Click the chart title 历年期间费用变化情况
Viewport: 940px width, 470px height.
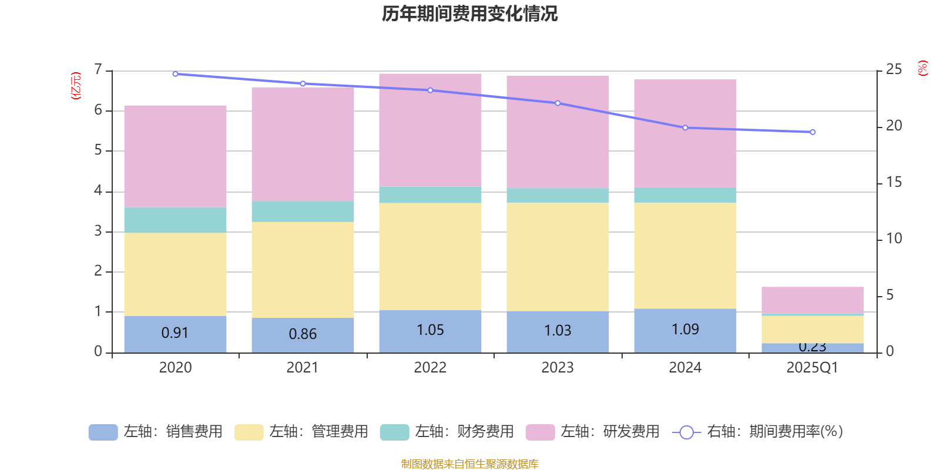pos(469,14)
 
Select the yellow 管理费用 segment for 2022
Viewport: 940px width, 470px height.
pos(430,257)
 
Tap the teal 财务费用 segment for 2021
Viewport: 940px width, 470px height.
pos(303,211)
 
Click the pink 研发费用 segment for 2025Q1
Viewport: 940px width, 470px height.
pos(813,300)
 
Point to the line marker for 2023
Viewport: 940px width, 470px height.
pos(558,103)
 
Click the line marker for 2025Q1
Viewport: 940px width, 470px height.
pos(813,132)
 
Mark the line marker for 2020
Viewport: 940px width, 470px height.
pos(175,74)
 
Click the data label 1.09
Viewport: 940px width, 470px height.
pos(685,330)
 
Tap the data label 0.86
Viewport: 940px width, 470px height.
pos(303,334)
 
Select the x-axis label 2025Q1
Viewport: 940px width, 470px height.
pos(813,368)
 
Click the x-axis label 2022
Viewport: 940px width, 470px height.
pos(430,368)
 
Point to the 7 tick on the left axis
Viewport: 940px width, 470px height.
pos(98,70)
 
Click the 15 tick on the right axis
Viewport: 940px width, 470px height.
pos(894,182)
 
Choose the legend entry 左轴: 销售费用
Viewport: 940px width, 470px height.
pos(156,432)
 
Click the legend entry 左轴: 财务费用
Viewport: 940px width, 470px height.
pos(447,432)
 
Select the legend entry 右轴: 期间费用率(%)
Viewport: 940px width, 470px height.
pos(758,432)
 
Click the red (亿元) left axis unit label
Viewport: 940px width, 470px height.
pos(75,86)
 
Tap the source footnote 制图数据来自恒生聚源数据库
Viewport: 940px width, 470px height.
pos(469,464)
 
